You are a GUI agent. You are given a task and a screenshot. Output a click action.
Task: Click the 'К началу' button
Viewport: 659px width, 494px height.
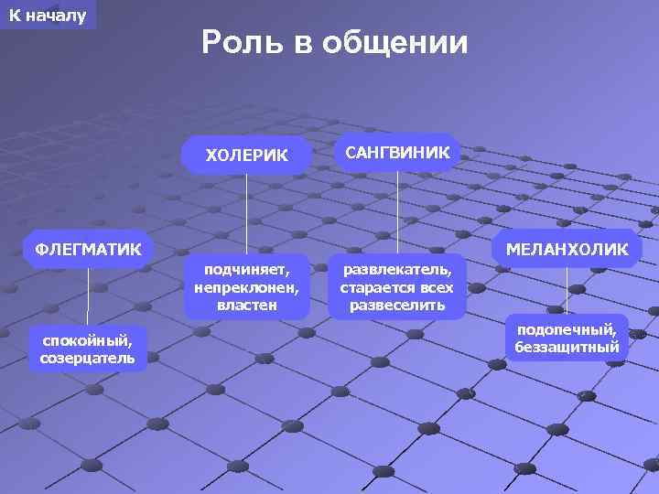(48, 16)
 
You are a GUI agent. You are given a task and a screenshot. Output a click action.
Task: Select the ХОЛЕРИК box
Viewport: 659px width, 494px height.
(246, 155)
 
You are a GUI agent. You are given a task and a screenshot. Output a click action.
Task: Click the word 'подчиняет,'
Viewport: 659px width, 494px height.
(246, 270)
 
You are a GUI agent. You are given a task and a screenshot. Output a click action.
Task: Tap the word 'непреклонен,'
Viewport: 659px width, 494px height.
(246, 287)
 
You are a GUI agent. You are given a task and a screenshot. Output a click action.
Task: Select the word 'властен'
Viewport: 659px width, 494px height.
(246, 305)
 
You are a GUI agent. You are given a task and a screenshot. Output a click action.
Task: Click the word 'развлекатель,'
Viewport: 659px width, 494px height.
(396, 270)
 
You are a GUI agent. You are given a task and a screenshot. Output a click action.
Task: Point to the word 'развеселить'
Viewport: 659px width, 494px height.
(396, 305)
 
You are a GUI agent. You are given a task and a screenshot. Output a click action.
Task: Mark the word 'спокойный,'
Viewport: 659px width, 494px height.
(87, 340)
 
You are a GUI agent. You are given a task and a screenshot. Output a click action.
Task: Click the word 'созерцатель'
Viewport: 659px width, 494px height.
(87, 358)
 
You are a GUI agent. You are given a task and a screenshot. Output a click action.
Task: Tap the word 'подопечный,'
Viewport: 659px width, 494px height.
(567, 329)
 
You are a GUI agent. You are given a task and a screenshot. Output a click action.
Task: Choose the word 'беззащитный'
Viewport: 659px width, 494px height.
(567, 347)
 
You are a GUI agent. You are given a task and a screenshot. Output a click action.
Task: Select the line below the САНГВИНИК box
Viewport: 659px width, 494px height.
(397, 210)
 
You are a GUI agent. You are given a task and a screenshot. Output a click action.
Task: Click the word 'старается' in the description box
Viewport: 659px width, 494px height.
(373, 287)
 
